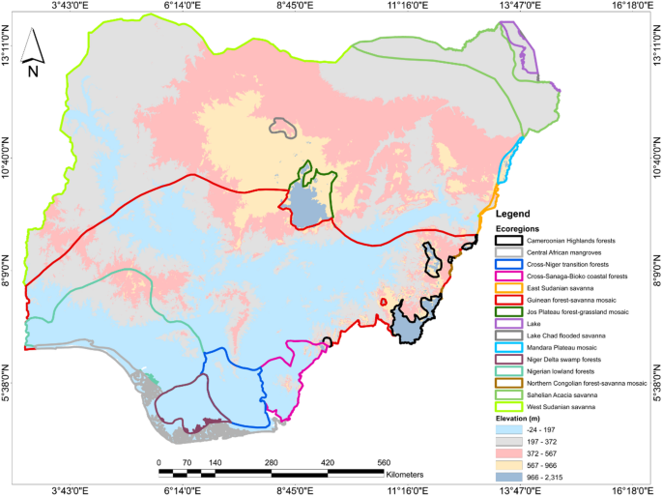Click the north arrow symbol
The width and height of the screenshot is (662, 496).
coord(33,50)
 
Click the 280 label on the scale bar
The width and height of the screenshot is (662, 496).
coord(272,462)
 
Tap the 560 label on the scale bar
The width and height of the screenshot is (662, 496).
coord(384,462)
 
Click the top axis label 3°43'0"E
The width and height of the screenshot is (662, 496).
coord(70,6)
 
